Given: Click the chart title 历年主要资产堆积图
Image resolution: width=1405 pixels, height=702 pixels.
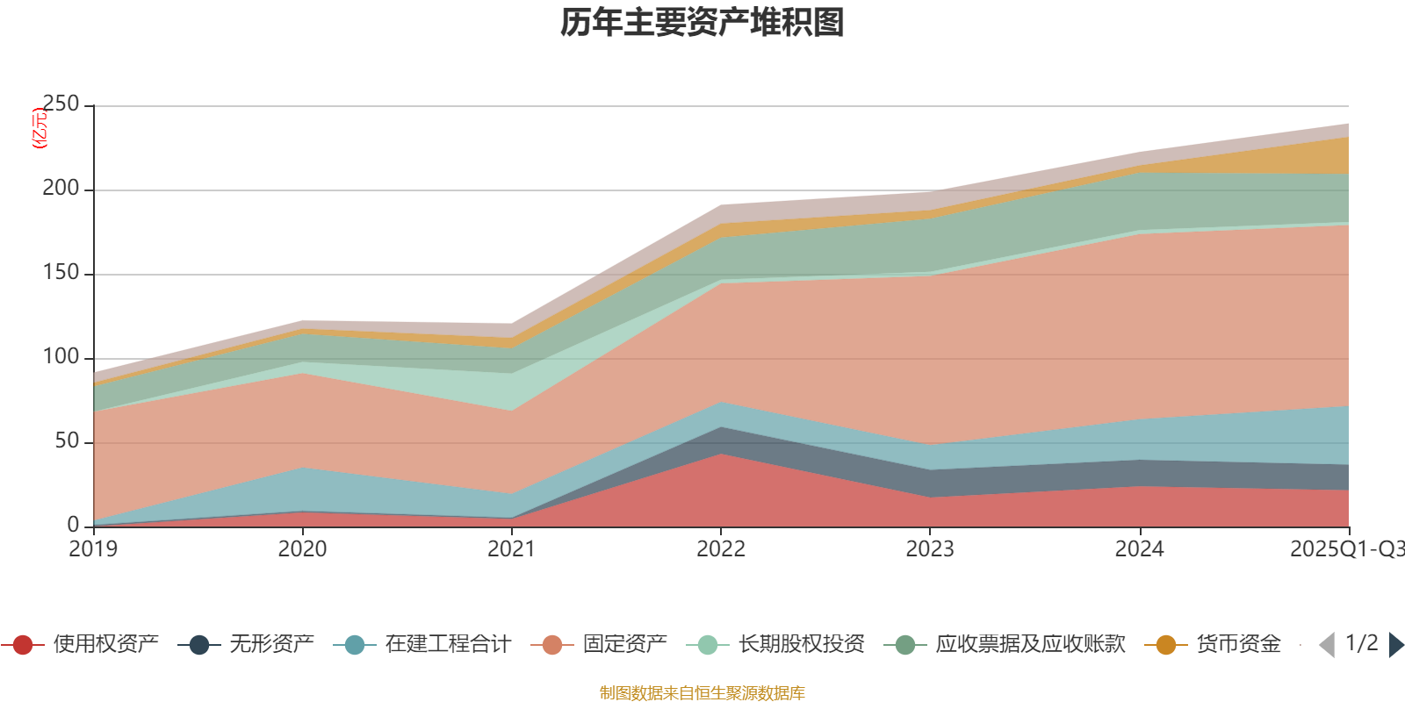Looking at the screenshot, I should click(702, 23).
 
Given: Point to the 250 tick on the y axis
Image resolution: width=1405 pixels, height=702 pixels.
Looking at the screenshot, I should click(61, 104).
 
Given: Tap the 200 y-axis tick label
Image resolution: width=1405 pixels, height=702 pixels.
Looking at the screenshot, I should click(61, 189).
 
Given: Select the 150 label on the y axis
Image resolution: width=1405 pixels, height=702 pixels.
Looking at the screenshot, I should click(61, 273).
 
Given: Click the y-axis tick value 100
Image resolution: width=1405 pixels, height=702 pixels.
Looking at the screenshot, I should click(61, 357).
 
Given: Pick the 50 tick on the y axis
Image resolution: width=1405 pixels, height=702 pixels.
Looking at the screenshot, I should click(67, 441).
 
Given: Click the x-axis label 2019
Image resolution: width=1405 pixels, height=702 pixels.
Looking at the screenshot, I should click(93, 549).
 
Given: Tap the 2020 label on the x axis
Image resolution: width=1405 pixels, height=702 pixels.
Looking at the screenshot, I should click(302, 549).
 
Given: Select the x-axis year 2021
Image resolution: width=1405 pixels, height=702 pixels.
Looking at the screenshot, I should click(511, 549).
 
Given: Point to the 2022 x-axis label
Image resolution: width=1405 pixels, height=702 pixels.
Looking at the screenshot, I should click(720, 549).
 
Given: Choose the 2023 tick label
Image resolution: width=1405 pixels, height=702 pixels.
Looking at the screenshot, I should click(930, 549).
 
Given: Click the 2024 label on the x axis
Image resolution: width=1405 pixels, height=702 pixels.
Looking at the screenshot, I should click(1139, 549).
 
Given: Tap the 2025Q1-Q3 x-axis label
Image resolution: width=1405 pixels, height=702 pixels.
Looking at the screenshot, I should click(1346, 549).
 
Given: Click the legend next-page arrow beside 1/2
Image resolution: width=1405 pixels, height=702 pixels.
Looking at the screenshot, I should click(1395, 645).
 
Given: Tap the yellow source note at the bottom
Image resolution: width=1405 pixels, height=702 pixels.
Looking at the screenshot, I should click(702, 693).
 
